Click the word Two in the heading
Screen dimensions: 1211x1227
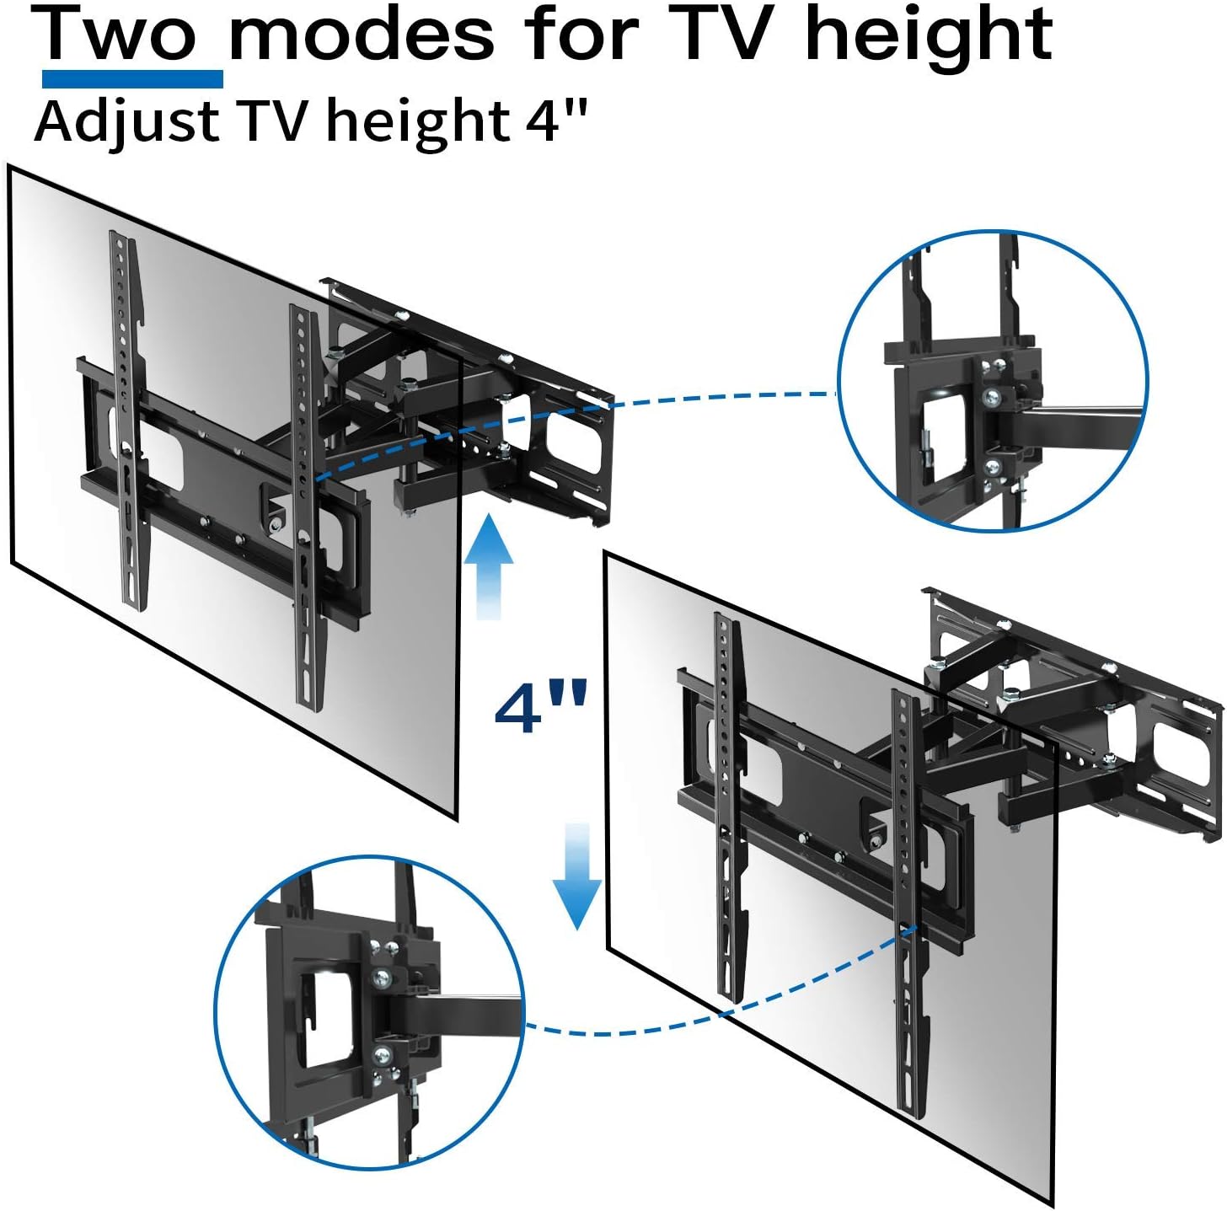(131, 35)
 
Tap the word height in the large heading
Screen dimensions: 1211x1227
(929, 35)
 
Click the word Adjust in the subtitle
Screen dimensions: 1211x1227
(127, 122)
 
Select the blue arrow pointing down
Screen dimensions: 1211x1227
(577, 876)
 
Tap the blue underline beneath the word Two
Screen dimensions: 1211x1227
(132, 79)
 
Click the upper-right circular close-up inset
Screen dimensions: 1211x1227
(993, 381)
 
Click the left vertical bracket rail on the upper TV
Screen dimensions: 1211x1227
(127, 421)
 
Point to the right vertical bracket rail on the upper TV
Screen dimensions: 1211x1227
(306, 506)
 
